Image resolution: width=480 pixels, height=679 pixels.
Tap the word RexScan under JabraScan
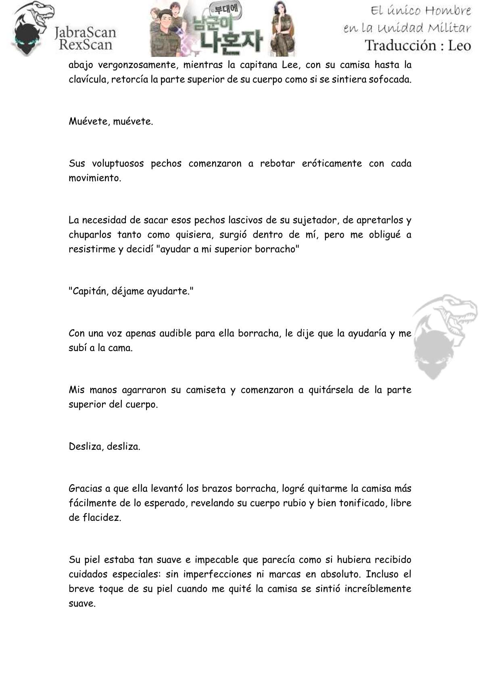[x=86, y=44]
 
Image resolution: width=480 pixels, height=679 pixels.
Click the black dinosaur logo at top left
[x=31, y=29]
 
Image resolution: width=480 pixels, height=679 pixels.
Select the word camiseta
[x=206, y=390]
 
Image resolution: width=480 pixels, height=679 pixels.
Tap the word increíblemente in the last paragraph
[x=379, y=588]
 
